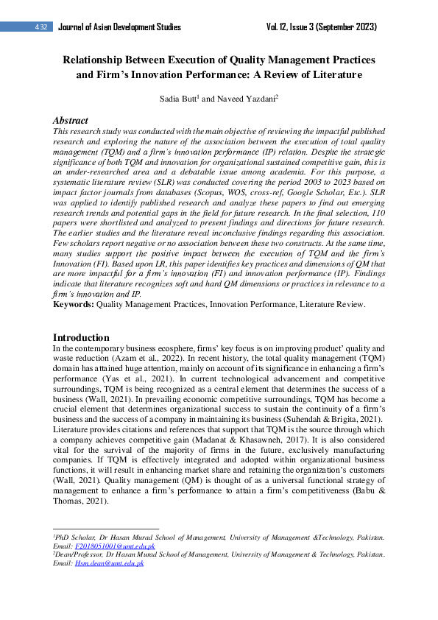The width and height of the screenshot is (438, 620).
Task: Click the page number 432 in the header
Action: pyautogui.click(x=42, y=27)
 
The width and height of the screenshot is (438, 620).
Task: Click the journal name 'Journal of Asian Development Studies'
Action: pyautogui.click(x=119, y=27)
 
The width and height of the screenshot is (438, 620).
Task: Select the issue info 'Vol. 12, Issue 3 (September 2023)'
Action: pyautogui.click(x=322, y=27)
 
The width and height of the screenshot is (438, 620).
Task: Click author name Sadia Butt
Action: pyautogui.click(x=197, y=96)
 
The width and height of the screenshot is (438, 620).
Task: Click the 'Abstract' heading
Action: pyautogui.click(x=71, y=120)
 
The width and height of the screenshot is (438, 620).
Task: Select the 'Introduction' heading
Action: pyautogui.click(x=82, y=337)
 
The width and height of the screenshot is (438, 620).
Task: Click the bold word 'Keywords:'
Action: pyautogui.click(x=74, y=303)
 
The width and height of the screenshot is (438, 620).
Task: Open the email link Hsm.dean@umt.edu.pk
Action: pyautogui.click(x=109, y=563)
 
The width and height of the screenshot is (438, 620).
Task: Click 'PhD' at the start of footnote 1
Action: pyautogui.click(x=66, y=538)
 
